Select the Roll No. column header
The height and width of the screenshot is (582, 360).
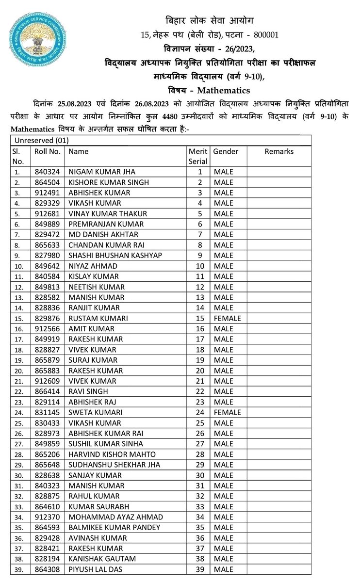point(47,151)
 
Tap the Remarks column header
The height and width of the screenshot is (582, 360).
point(279,151)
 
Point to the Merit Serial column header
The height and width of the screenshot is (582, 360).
point(197,156)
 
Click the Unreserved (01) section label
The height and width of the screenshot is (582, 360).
point(42,141)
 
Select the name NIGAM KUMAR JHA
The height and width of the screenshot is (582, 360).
point(101,172)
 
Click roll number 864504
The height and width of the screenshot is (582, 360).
point(47,182)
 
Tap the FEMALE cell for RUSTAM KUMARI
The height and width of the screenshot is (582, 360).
point(227,319)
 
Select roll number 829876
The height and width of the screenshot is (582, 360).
point(47,319)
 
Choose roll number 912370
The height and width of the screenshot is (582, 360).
point(47,517)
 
